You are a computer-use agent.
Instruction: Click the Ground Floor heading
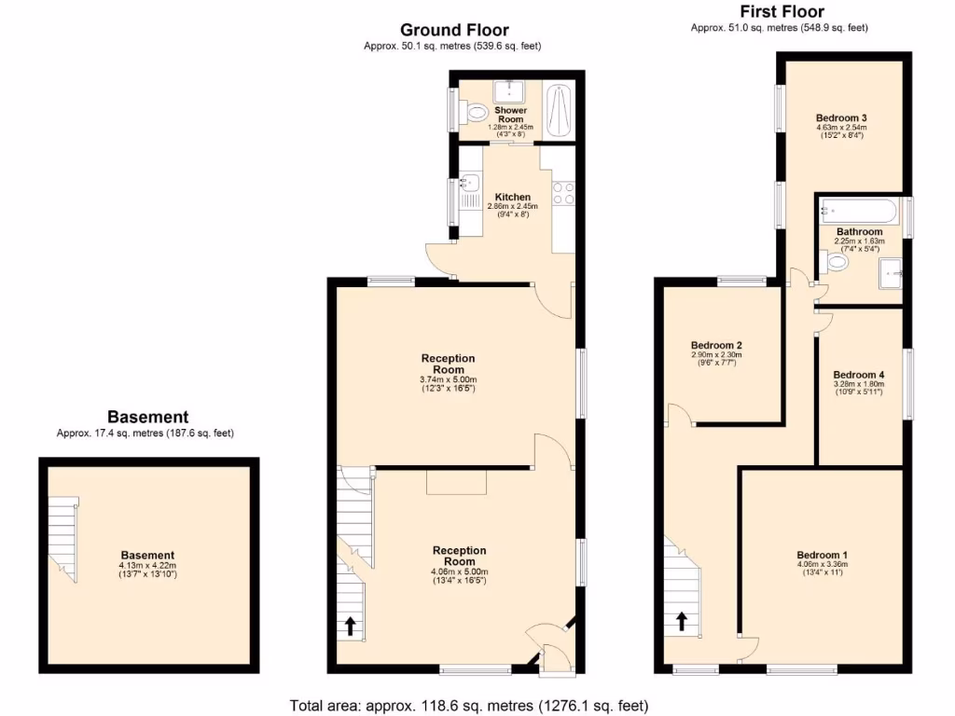point(454,30)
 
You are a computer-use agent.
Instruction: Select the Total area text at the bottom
point(469,705)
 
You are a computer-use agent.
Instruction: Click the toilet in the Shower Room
point(478,112)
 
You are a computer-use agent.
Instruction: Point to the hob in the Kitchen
point(563,192)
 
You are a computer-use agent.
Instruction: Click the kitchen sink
point(469,183)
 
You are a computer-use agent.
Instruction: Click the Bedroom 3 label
point(841,117)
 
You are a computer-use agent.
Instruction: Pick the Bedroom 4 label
point(858,375)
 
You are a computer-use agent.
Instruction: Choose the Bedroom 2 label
point(715,345)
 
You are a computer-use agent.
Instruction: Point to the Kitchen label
point(512,198)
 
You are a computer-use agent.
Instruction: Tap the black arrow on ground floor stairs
point(351,626)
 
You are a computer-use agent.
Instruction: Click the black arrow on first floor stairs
point(682,620)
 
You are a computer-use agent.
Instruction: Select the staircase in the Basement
point(63,539)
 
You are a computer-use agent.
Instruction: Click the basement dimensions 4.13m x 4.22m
point(147,566)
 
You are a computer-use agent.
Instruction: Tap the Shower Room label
point(510,114)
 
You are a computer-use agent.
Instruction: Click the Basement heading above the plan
point(147,417)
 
